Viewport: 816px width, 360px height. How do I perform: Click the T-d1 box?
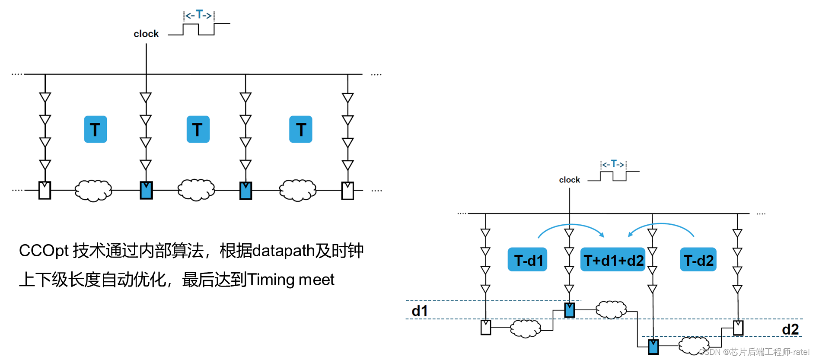pos(527,259)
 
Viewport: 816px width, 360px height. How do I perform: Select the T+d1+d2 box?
pos(612,259)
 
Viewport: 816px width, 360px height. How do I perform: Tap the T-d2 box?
pos(698,259)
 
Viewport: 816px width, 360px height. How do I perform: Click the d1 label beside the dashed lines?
pos(419,311)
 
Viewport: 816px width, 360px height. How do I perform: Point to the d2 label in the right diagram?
pos(790,329)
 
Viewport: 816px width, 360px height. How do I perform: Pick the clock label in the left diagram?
pos(146,34)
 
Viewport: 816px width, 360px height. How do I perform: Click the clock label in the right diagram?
pos(569,180)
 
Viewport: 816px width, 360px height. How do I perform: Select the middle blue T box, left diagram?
pos(198,129)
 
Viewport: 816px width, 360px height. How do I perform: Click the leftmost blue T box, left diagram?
pos(96,129)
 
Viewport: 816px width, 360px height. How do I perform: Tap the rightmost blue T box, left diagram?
pos(301,129)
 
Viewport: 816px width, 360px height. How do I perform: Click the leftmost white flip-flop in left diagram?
pos(45,191)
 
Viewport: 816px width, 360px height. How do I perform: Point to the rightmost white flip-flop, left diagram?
pos(348,191)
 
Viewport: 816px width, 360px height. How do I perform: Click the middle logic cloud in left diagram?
pos(196,190)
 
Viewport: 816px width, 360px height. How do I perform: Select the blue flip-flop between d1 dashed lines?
pos(570,310)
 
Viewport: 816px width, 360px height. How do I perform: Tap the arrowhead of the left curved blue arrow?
pos(602,235)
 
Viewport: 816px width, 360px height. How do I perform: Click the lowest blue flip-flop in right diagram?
pos(653,347)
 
